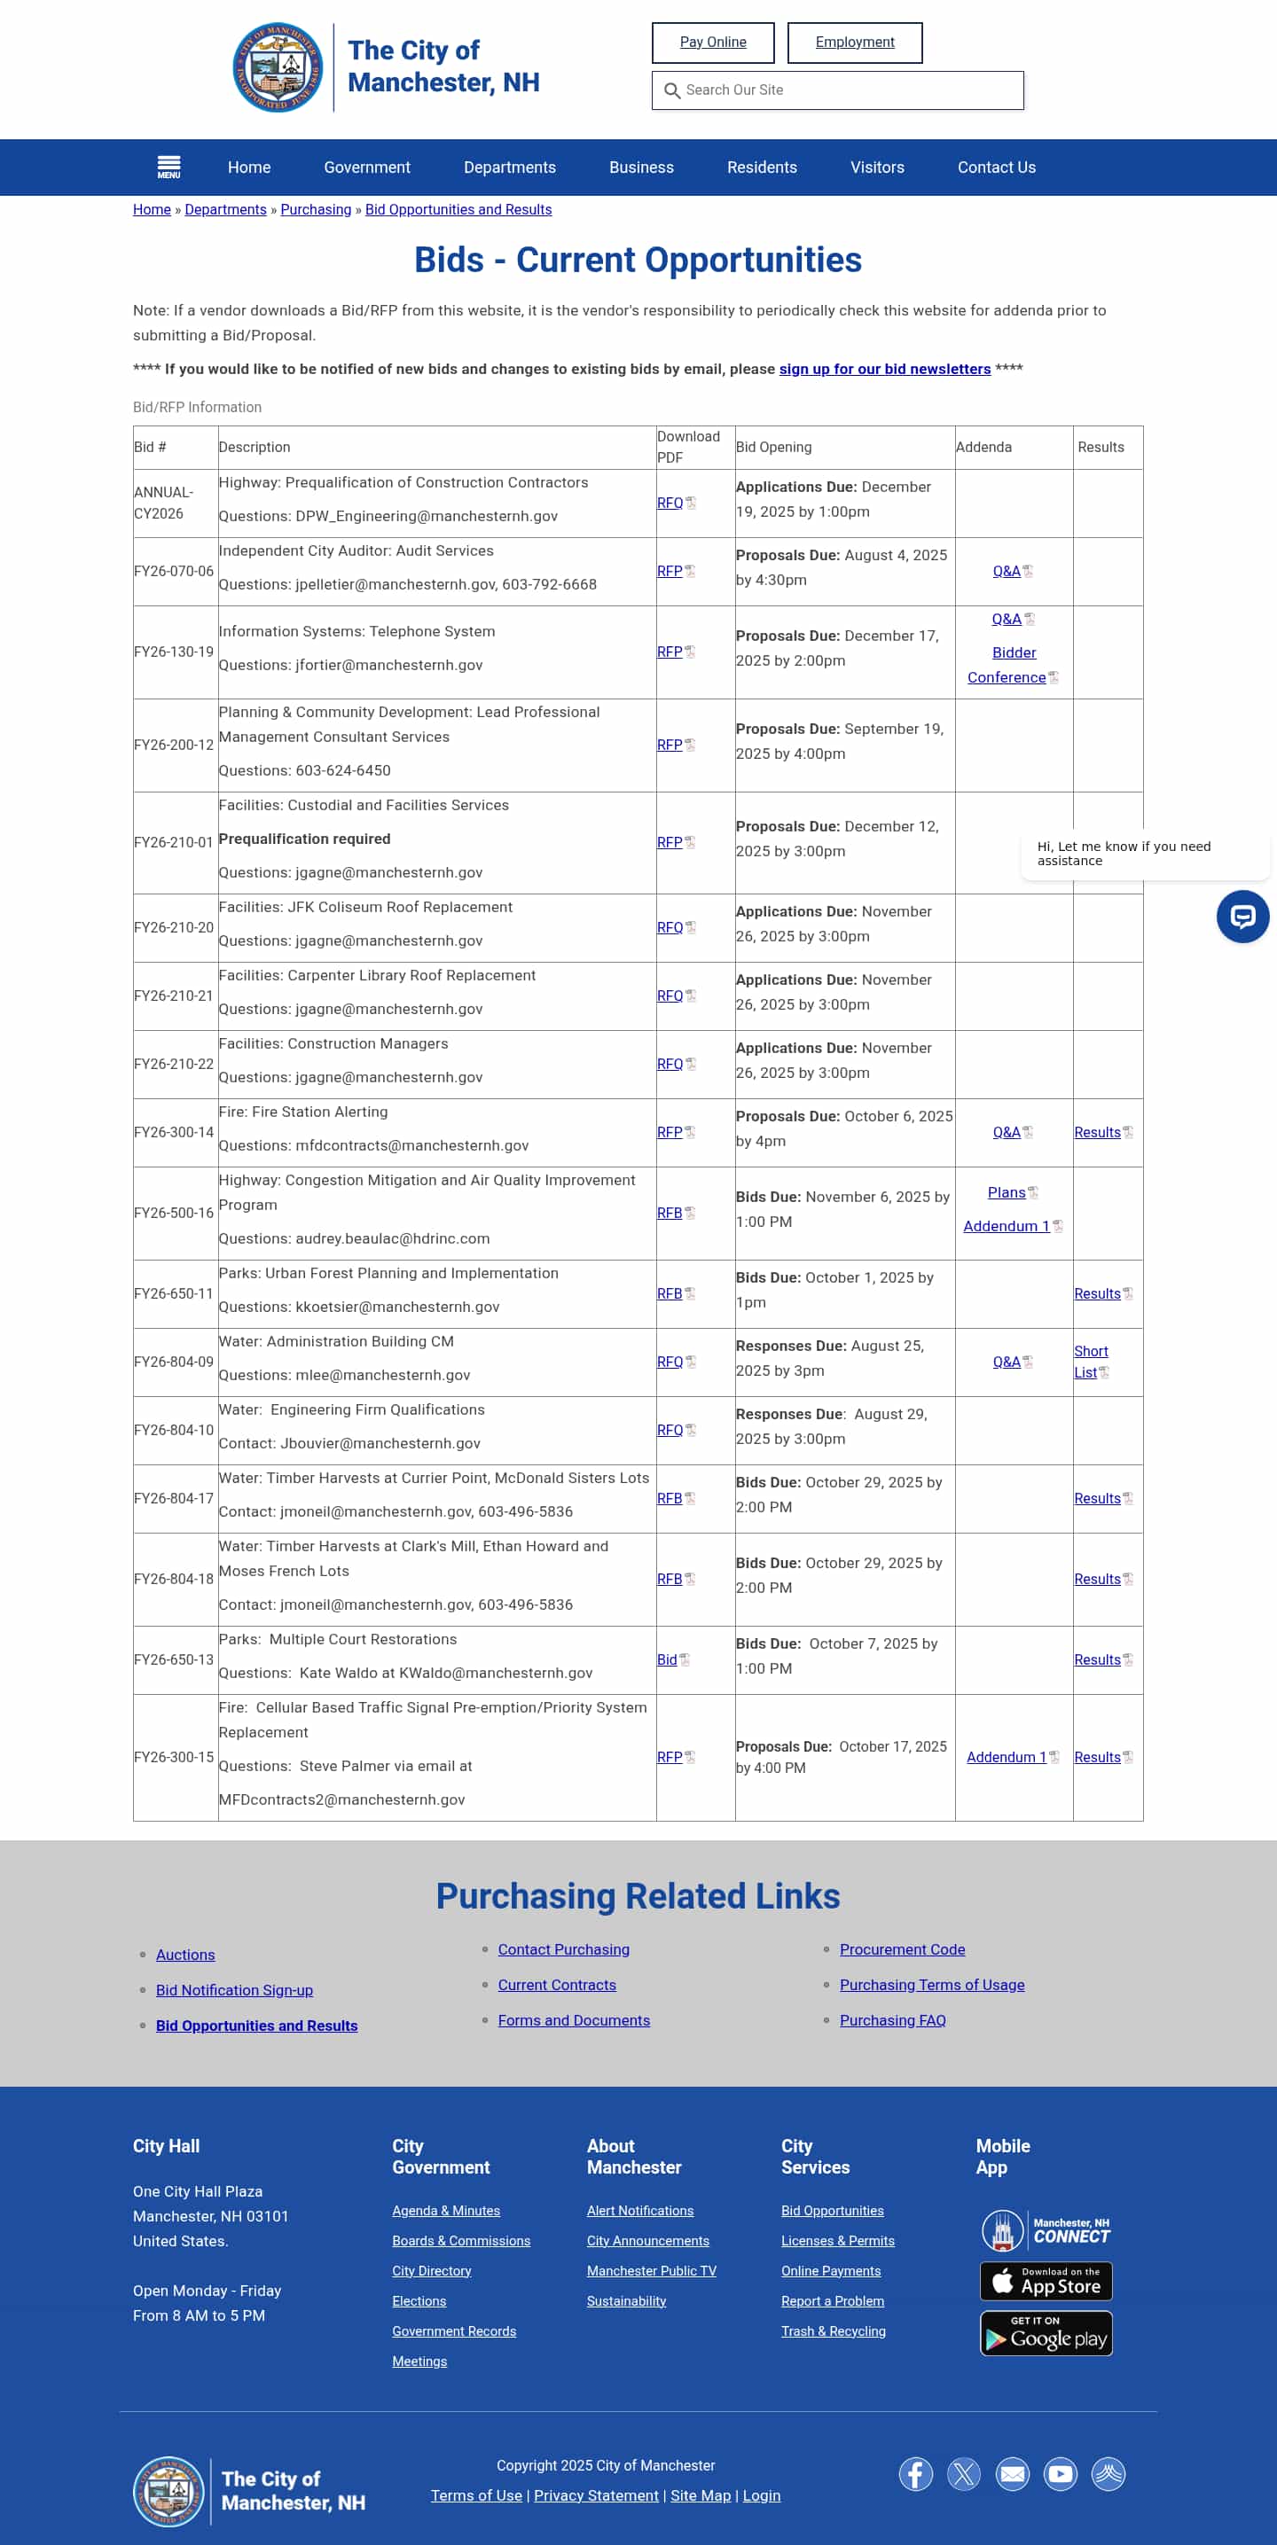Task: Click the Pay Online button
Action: (x=713, y=43)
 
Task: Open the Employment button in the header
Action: (x=854, y=43)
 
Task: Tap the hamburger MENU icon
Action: (x=169, y=167)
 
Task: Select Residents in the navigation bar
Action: (x=761, y=167)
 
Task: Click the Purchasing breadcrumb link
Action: (x=316, y=209)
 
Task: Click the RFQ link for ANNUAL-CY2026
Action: (x=670, y=503)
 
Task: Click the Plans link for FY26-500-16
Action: (x=1007, y=1192)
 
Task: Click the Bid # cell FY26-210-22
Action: (x=174, y=1064)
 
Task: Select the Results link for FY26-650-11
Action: (x=1097, y=1293)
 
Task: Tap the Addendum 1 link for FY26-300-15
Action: (x=1007, y=1757)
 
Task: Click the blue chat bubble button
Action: (x=1242, y=917)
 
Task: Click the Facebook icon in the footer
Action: (x=915, y=2474)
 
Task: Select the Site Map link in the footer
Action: (x=700, y=2494)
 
